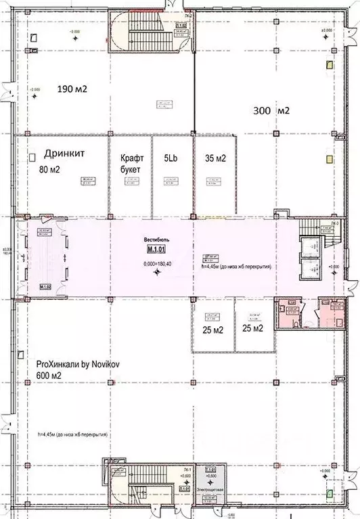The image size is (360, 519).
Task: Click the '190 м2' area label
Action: coord(76,89)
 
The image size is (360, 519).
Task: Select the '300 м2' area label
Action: coord(271,110)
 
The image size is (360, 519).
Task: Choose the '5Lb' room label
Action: coord(171,159)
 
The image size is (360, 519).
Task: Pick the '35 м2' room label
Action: coord(215,159)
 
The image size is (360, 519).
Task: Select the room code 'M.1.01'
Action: coord(157,251)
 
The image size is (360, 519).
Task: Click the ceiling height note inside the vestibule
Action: coord(237,267)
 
